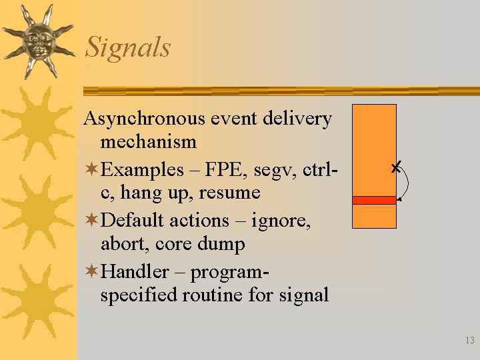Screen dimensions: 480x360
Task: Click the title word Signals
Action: point(127,47)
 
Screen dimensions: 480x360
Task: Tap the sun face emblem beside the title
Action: point(39,41)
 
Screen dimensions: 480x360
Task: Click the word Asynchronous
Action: point(144,119)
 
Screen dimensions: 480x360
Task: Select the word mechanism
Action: point(149,142)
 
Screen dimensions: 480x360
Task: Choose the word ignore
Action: point(281,221)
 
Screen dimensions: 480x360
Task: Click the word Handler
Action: point(135,271)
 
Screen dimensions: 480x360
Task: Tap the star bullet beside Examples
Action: point(91,169)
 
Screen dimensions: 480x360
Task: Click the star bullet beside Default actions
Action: point(91,219)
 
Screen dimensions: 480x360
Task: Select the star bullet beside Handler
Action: point(91,271)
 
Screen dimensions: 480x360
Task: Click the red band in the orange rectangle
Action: point(374,200)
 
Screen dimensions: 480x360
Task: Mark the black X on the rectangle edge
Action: point(396,167)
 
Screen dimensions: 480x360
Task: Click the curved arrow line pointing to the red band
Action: point(408,184)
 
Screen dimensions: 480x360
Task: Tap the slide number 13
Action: point(470,340)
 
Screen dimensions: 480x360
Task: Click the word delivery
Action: point(297,119)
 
